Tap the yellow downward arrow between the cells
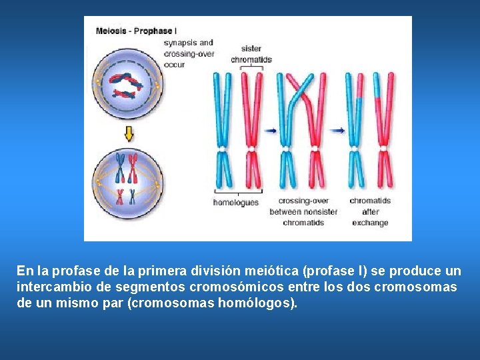(129, 134)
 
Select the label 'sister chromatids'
(251, 54)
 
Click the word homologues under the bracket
(236, 202)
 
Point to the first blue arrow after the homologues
(270, 131)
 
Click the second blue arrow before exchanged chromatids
(338, 131)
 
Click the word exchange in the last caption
(370, 223)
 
